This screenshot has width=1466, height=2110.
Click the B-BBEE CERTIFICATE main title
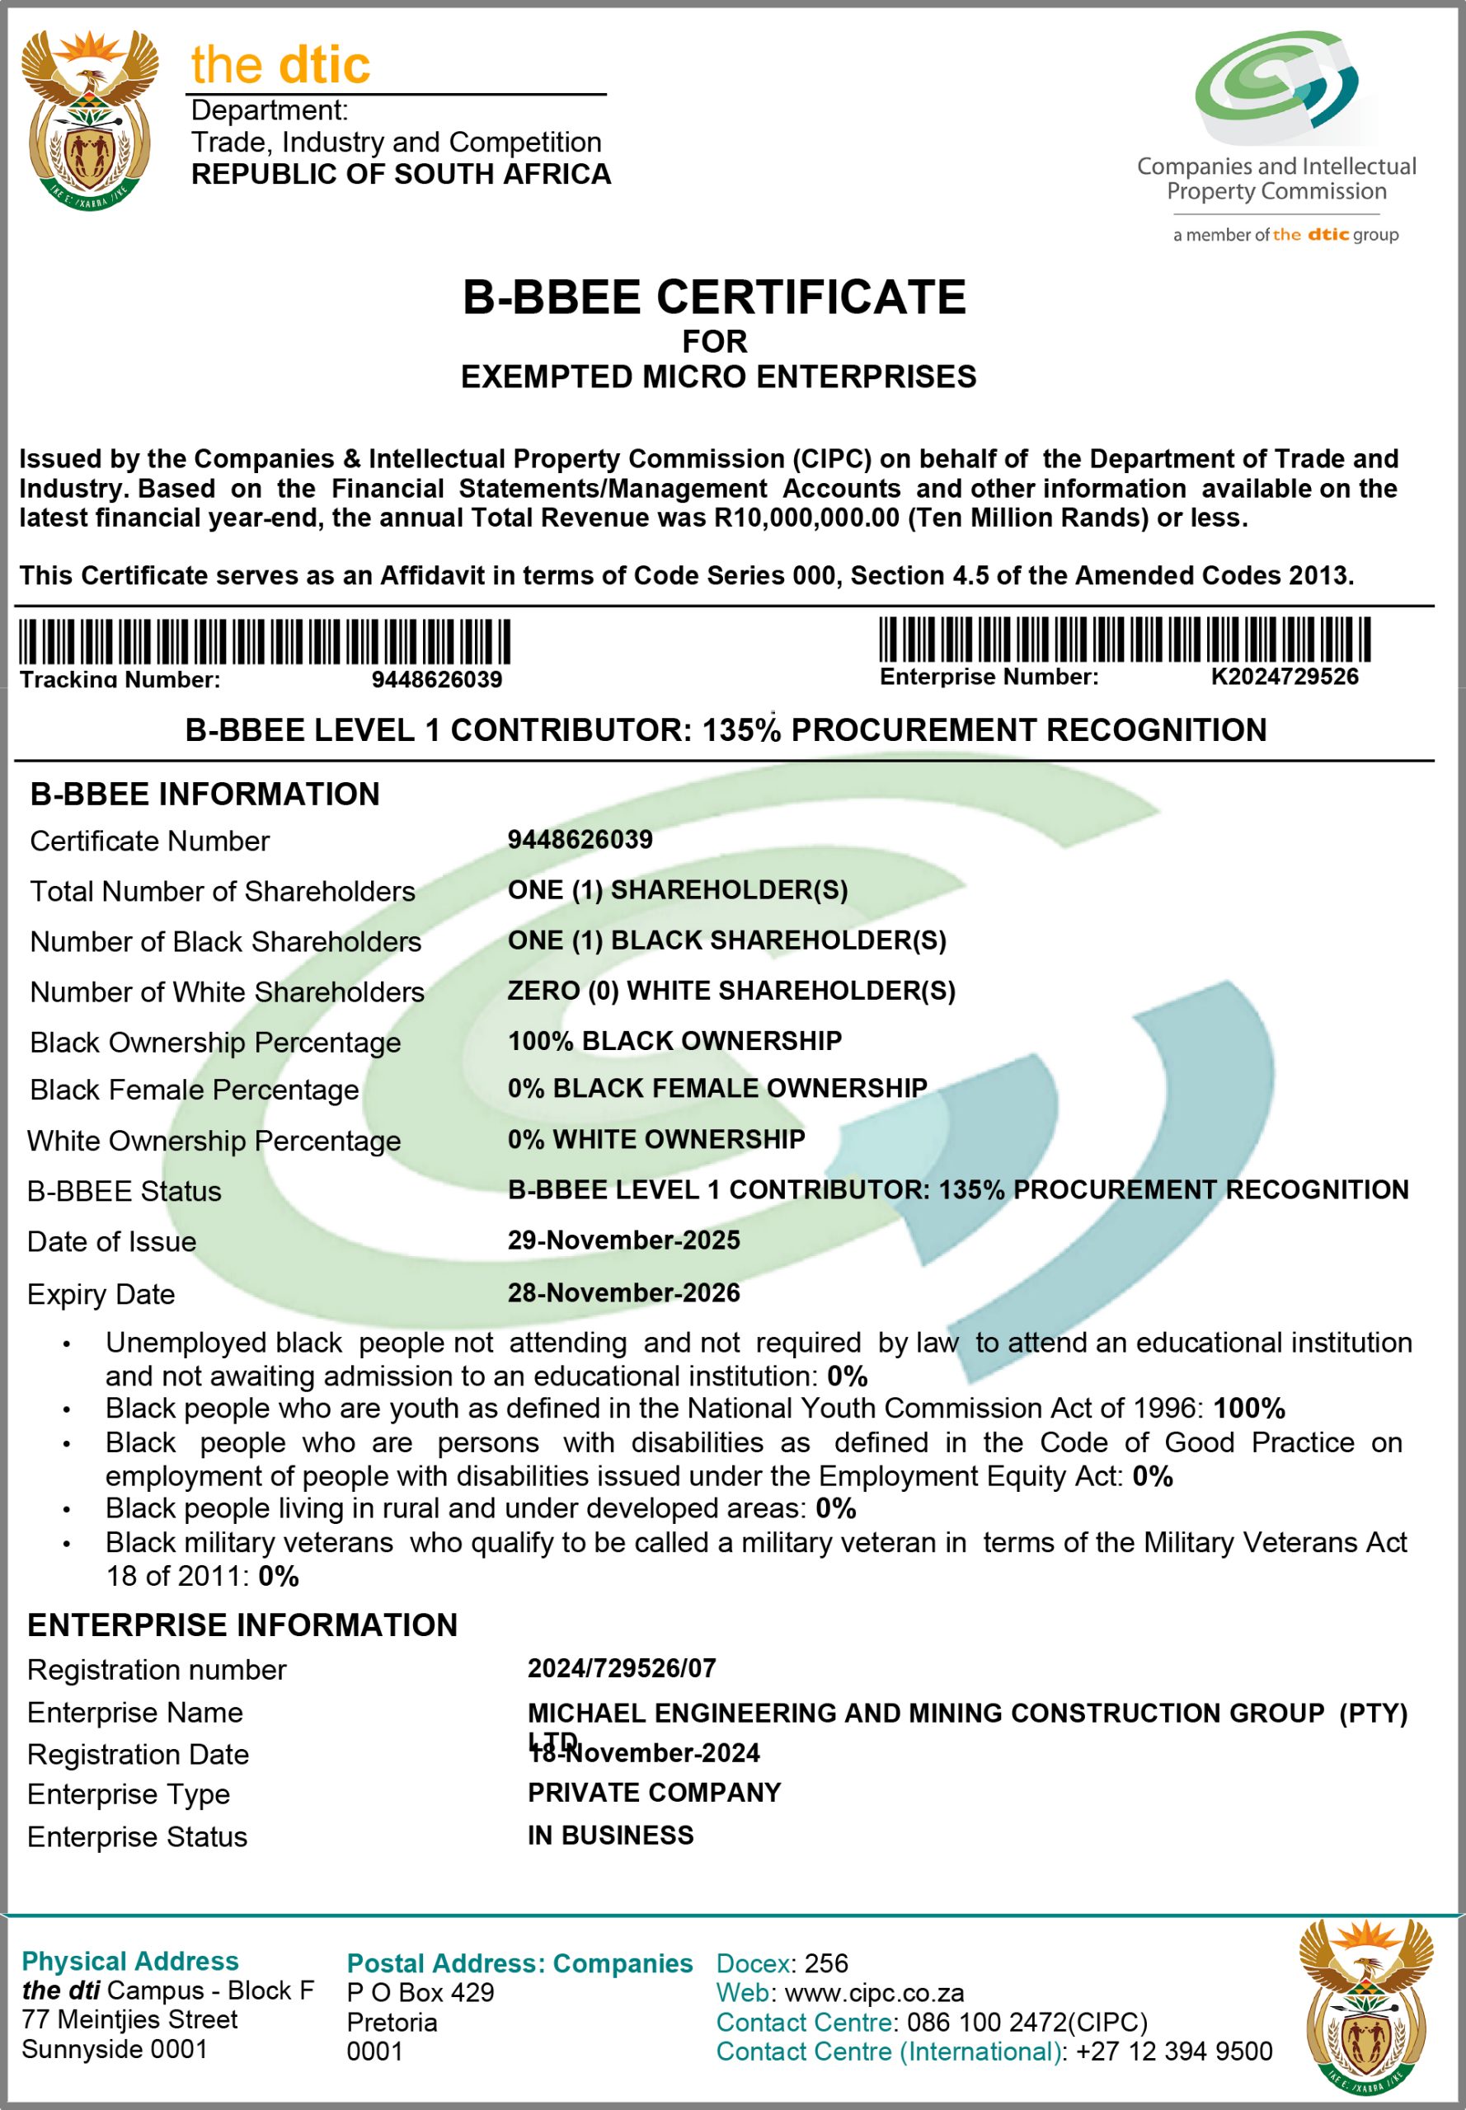[714, 298]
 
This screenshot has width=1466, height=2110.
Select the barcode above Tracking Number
[265, 641]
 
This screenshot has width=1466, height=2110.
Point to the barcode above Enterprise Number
[1125, 639]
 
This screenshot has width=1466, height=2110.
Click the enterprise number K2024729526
[1284, 677]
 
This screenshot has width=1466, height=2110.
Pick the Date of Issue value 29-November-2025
[623, 1240]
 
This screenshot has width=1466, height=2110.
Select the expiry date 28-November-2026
[623, 1293]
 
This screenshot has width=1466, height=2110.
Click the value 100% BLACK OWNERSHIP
[674, 1040]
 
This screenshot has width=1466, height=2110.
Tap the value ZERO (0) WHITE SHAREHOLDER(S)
[731, 991]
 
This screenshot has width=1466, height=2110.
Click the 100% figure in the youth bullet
[1248, 1409]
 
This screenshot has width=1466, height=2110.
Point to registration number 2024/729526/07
[621, 1668]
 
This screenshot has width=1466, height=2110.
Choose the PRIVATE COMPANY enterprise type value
[654, 1793]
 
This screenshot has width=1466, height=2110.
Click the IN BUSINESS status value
[610, 1836]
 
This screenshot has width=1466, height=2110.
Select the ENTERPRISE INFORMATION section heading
[242, 1625]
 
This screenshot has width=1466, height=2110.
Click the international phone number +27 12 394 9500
[1173, 2051]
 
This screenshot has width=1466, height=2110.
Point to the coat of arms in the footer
[1365, 2007]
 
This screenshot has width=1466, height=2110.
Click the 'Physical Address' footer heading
[129, 1962]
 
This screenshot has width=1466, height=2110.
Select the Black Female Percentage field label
[194, 1090]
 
